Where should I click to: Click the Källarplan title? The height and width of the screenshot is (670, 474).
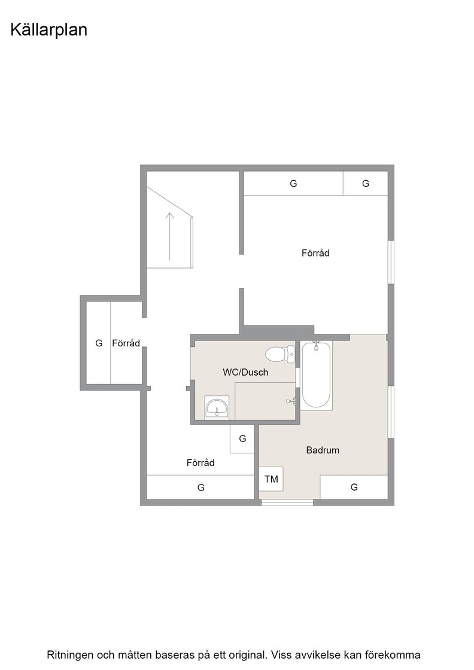click(x=48, y=30)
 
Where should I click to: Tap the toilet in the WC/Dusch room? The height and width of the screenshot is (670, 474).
click(x=280, y=354)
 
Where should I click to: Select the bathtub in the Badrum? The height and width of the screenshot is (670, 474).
click(x=316, y=375)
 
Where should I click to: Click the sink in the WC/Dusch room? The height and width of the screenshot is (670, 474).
click(x=217, y=407)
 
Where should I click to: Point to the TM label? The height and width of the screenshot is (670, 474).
click(x=271, y=479)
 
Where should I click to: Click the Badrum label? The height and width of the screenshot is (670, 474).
click(x=323, y=450)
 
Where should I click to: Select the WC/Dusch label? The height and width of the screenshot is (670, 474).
click(x=245, y=372)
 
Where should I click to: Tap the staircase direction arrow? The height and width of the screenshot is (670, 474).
click(x=170, y=236)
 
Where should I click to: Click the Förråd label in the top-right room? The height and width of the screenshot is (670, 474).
click(x=315, y=253)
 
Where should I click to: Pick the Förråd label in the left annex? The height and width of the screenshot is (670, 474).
click(x=126, y=343)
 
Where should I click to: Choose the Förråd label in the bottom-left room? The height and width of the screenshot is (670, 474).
click(x=200, y=463)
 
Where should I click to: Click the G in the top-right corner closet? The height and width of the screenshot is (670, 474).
click(x=366, y=183)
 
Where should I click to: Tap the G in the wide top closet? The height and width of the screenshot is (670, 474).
click(x=293, y=183)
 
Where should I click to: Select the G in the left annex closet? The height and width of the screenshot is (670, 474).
click(x=99, y=343)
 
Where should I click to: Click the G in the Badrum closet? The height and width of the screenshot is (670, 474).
click(x=354, y=487)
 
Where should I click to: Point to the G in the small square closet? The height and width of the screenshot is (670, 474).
click(x=242, y=438)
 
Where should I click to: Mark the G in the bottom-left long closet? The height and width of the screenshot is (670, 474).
click(x=201, y=488)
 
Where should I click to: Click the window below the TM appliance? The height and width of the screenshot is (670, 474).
click(x=287, y=502)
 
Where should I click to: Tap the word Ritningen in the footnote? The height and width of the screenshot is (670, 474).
click(x=70, y=655)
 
